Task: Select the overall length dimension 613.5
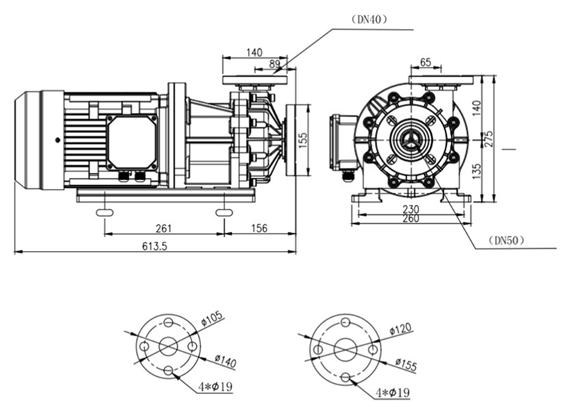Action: [x=154, y=247]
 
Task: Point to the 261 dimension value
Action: [x=163, y=228]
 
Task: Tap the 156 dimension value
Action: [x=259, y=228]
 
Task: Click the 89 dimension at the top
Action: [x=274, y=64]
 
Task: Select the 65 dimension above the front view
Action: [x=426, y=63]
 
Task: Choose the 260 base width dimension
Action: [x=410, y=219]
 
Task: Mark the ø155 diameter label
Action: [x=406, y=365]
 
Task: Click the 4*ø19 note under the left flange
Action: [x=212, y=388]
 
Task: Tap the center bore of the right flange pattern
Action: [x=345, y=350]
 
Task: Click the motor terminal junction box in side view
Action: [x=132, y=141]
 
